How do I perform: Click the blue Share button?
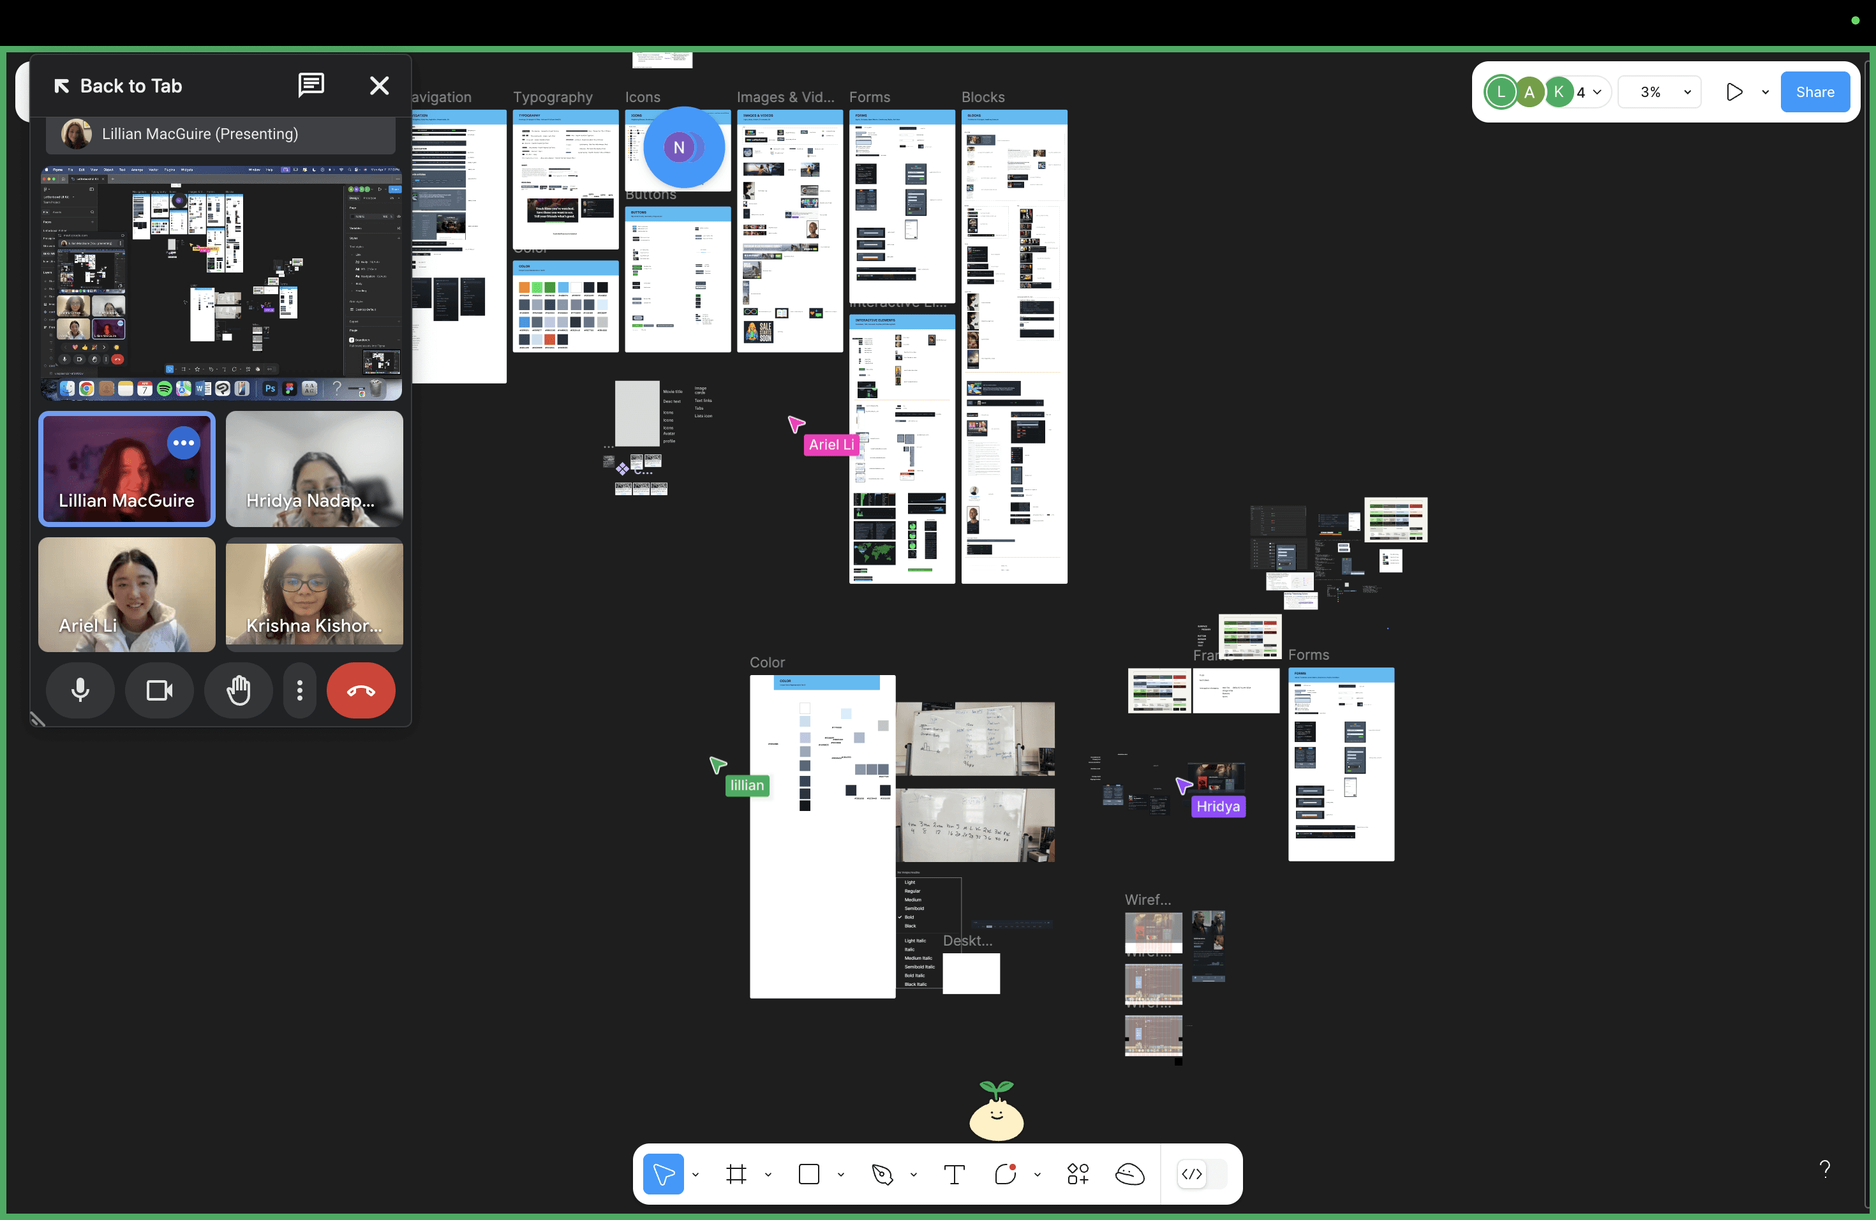point(1815,93)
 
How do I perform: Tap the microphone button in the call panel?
point(80,690)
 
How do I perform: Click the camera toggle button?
point(160,690)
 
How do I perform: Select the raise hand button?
point(238,690)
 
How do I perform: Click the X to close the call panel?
point(379,86)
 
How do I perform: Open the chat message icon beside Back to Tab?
point(311,85)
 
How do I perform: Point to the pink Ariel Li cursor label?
point(831,445)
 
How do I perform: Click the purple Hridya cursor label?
point(1218,807)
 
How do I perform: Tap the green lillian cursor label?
point(747,785)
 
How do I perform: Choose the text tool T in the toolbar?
point(954,1174)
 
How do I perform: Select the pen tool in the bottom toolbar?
point(882,1174)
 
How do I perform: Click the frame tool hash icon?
point(736,1174)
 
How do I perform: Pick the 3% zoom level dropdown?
point(1659,93)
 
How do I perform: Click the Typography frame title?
point(553,97)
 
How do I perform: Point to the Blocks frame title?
point(983,97)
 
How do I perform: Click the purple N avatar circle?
point(679,147)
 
